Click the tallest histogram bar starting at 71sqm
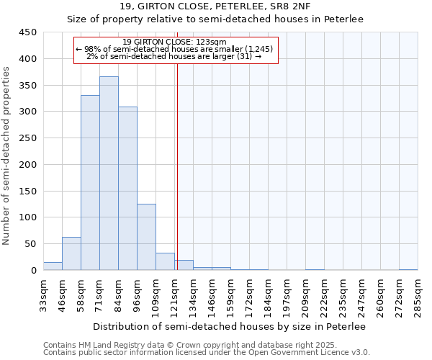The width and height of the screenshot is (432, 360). point(109,173)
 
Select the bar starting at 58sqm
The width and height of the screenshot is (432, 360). point(90,183)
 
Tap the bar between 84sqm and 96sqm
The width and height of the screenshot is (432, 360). point(127,189)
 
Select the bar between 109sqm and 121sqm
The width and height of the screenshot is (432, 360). point(165,261)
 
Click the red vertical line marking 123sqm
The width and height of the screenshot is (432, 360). point(177,166)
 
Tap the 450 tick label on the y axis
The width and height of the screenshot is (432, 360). point(28,32)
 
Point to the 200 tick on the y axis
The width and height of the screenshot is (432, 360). point(28,164)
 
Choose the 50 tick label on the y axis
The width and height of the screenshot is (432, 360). point(31,243)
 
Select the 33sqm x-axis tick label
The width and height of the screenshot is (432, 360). point(44,295)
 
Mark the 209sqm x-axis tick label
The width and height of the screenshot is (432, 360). point(306,295)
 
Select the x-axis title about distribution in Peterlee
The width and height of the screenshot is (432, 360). point(229,326)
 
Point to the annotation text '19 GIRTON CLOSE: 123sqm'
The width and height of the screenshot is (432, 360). point(175,42)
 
